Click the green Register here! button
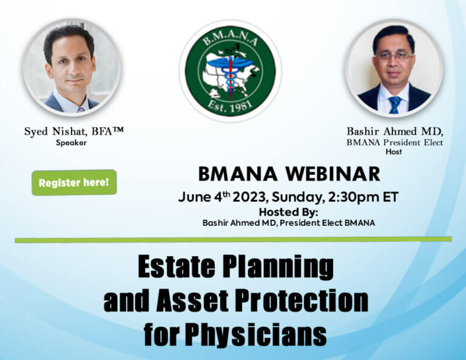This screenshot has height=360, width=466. pyautogui.click(x=74, y=182)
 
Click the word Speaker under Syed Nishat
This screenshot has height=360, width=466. pyautogui.click(x=72, y=143)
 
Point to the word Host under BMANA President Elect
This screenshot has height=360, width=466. pyautogui.click(x=393, y=152)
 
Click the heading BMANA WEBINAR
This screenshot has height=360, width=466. pyautogui.click(x=289, y=174)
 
